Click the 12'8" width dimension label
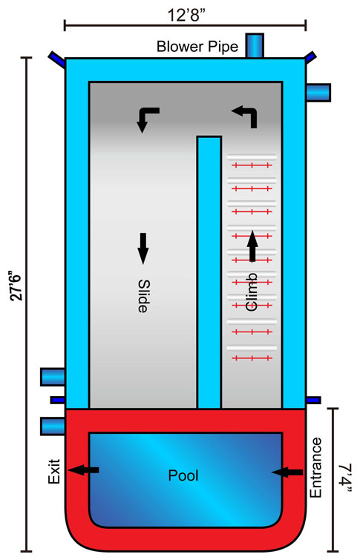[186, 15]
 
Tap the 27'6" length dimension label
[17, 286]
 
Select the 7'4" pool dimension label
[344, 478]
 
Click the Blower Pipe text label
[197, 47]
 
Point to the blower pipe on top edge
[255, 45]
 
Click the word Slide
[143, 296]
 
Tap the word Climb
[251, 292]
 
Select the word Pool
[183, 475]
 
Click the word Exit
[54, 472]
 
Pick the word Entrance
[315, 467]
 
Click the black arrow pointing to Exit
[84, 470]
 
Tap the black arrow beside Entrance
[287, 472]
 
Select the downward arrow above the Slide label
[143, 248]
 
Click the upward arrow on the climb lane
[252, 246]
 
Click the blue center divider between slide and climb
[209, 272]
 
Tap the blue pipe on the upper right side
[318, 93]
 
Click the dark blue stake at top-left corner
[56, 59]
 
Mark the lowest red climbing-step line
[252, 357]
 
